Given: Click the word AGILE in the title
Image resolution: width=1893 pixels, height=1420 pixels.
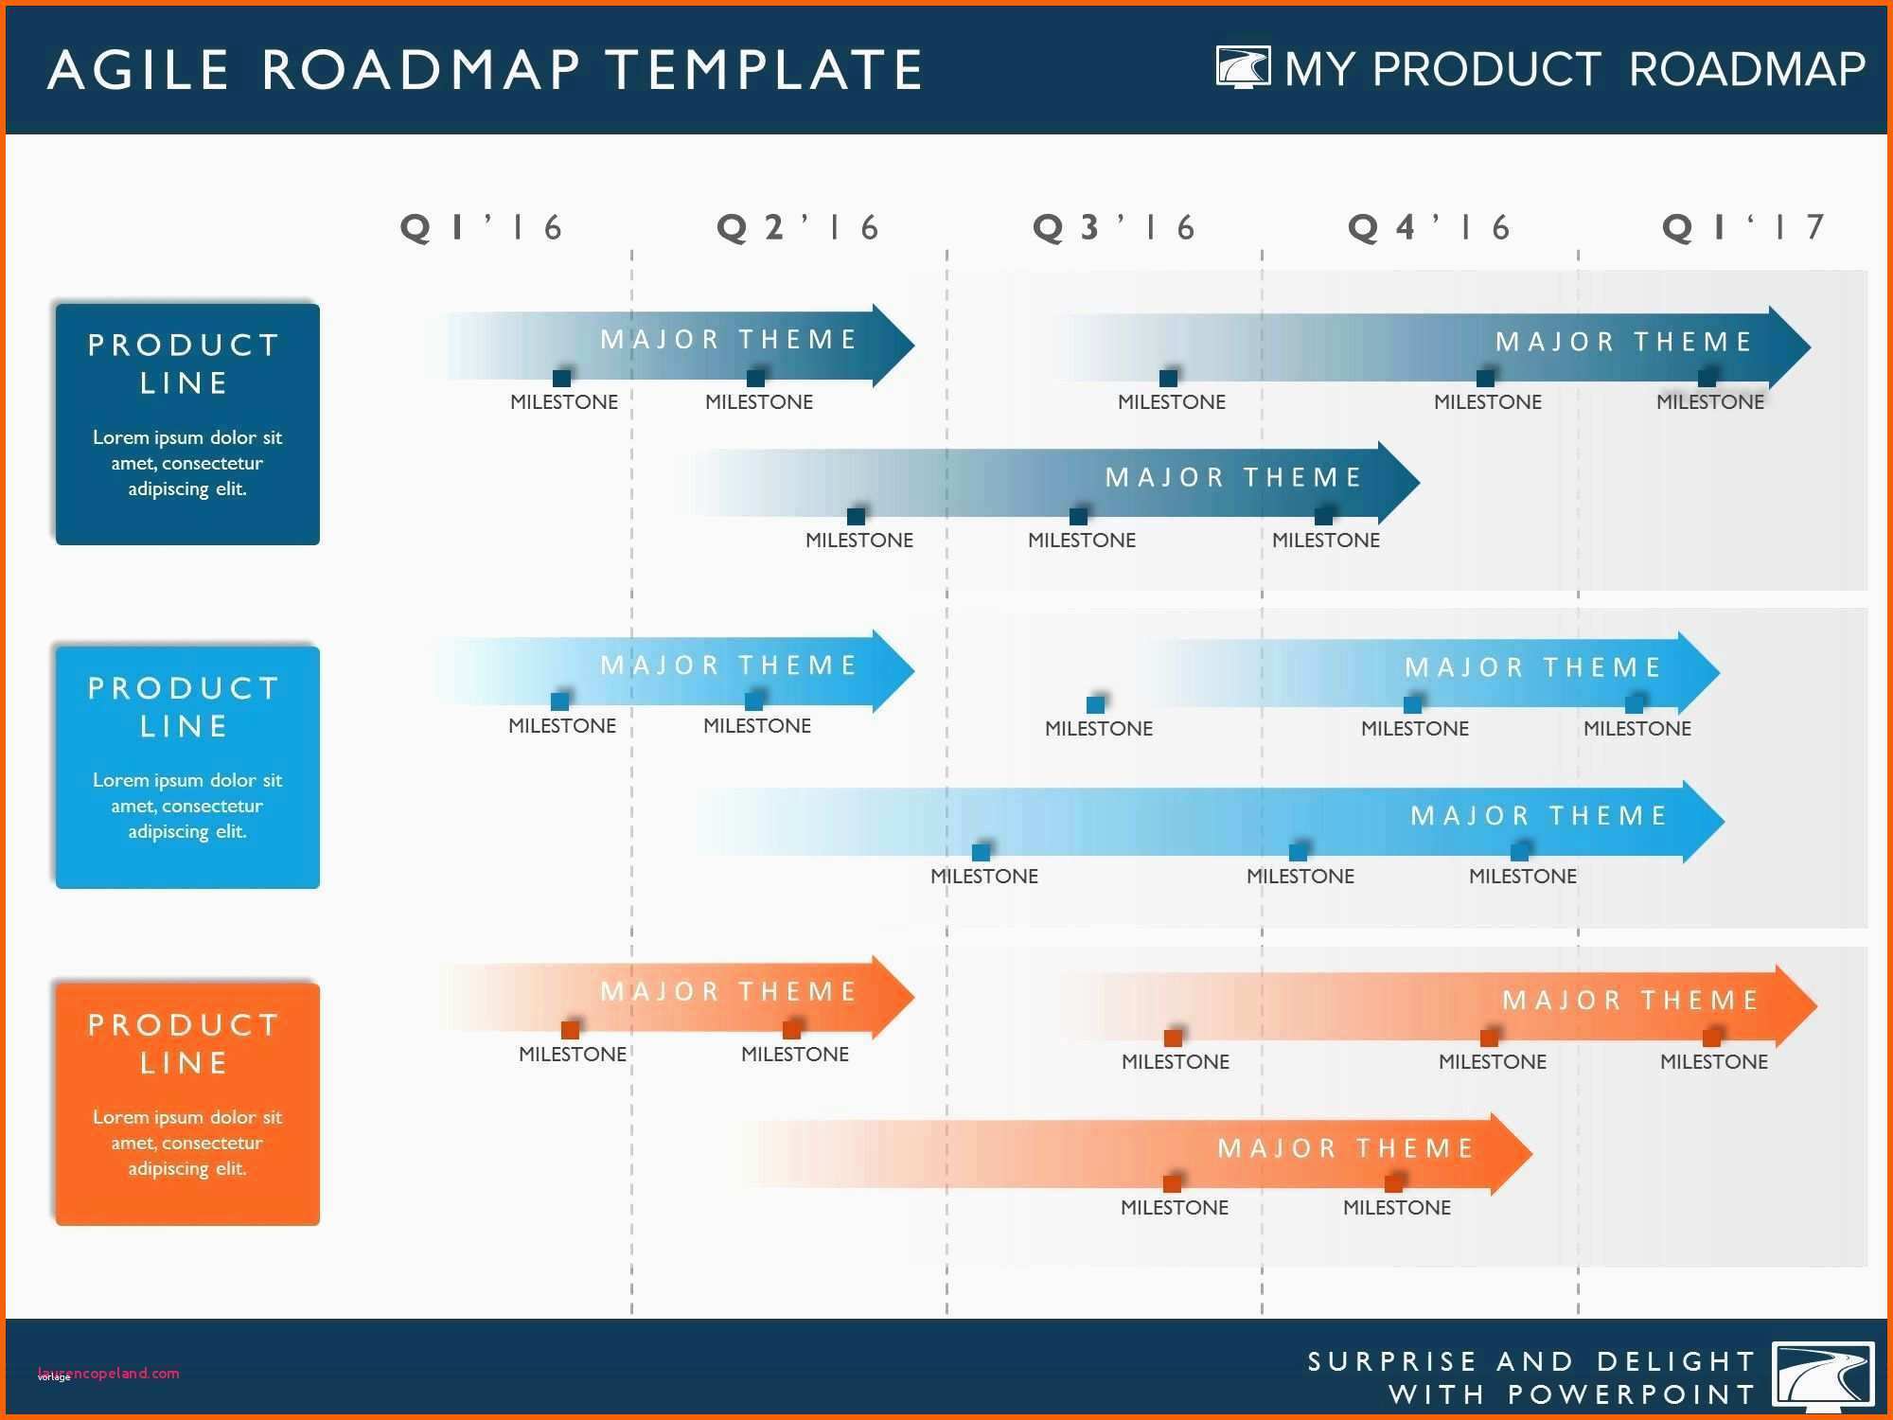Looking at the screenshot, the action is click(138, 70).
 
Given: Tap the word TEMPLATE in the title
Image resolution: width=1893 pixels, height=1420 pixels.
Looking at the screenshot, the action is click(764, 70).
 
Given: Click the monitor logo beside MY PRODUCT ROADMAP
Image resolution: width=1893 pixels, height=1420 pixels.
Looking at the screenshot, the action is click(1243, 68).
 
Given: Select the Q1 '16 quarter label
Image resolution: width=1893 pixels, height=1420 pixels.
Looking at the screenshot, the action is click(482, 227).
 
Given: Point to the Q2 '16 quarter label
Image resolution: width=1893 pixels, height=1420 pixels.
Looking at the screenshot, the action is click(798, 227).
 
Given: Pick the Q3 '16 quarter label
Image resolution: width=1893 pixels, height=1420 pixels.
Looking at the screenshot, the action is click(1113, 227).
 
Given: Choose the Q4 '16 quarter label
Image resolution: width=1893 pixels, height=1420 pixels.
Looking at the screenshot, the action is click(1428, 227).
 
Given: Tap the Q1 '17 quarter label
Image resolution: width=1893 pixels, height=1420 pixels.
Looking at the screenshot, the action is click(1743, 227).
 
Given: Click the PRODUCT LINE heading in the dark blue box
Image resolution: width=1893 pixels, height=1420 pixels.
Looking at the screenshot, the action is click(184, 364).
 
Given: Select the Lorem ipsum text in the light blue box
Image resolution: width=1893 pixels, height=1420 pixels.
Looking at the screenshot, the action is click(187, 806).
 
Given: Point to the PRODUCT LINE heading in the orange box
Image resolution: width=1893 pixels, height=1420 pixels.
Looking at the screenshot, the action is click(184, 1043).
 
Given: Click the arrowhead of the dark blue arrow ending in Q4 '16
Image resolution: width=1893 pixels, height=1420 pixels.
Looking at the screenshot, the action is click(1399, 482).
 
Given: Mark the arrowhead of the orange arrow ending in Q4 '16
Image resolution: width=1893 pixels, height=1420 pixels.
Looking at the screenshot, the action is click(1512, 1153).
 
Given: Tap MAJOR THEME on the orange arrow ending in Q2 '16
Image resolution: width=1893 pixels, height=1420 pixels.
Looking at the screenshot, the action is click(729, 991).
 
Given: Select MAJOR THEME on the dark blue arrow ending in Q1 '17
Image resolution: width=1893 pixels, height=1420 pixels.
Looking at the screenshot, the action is click(1624, 342).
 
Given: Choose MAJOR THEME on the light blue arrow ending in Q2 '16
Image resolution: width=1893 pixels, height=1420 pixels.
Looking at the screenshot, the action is click(729, 666).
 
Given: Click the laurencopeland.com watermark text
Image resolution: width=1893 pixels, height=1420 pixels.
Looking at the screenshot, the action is click(109, 1373).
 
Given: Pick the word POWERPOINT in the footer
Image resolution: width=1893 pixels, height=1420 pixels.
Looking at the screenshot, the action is click(1632, 1394).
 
